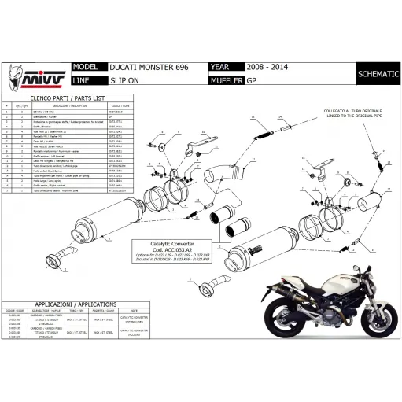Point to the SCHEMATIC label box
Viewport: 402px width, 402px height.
[x=376, y=75]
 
